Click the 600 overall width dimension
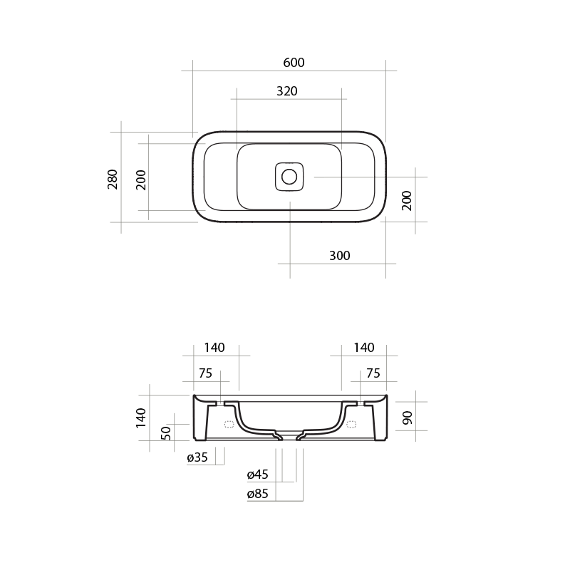pos(294,63)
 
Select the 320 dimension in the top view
pos(286,91)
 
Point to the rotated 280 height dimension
pos(113,179)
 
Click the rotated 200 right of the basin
pos(407,201)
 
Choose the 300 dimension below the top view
pos(340,256)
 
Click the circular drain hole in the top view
pos(290,177)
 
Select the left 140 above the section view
pos(214,348)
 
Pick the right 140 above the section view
pos(363,348)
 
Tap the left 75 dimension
pos(205,373)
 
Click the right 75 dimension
pos(373,373)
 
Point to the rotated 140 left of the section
pos(141,418)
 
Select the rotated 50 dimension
pos(167,432)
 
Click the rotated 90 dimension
pos(407,418)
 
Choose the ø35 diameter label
pos(197,458)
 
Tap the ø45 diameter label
pos(257,475)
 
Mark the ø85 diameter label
pos(257,494)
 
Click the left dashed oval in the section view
pos(229,425)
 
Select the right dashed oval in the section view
pos(351,425)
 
